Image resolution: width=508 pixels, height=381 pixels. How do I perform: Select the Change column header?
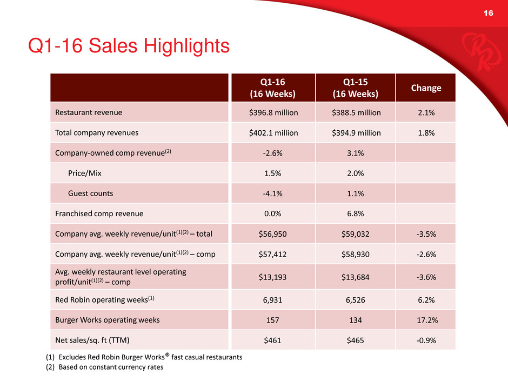426,88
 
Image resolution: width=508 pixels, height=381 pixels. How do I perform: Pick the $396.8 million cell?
272,112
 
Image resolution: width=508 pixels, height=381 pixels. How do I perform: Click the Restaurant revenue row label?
88,112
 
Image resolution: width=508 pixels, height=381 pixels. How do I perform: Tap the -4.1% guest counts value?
272,193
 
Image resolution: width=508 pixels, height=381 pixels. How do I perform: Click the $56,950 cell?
272,233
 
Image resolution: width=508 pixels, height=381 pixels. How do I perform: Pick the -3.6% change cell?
426,277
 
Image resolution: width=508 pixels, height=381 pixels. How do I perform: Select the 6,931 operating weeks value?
272,299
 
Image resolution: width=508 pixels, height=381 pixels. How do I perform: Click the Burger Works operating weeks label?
107,319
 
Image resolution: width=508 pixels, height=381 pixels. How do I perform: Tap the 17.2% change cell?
426,319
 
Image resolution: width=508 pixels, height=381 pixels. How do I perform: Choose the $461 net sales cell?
272,340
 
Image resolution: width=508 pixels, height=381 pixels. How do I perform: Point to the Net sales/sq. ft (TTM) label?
92,340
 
